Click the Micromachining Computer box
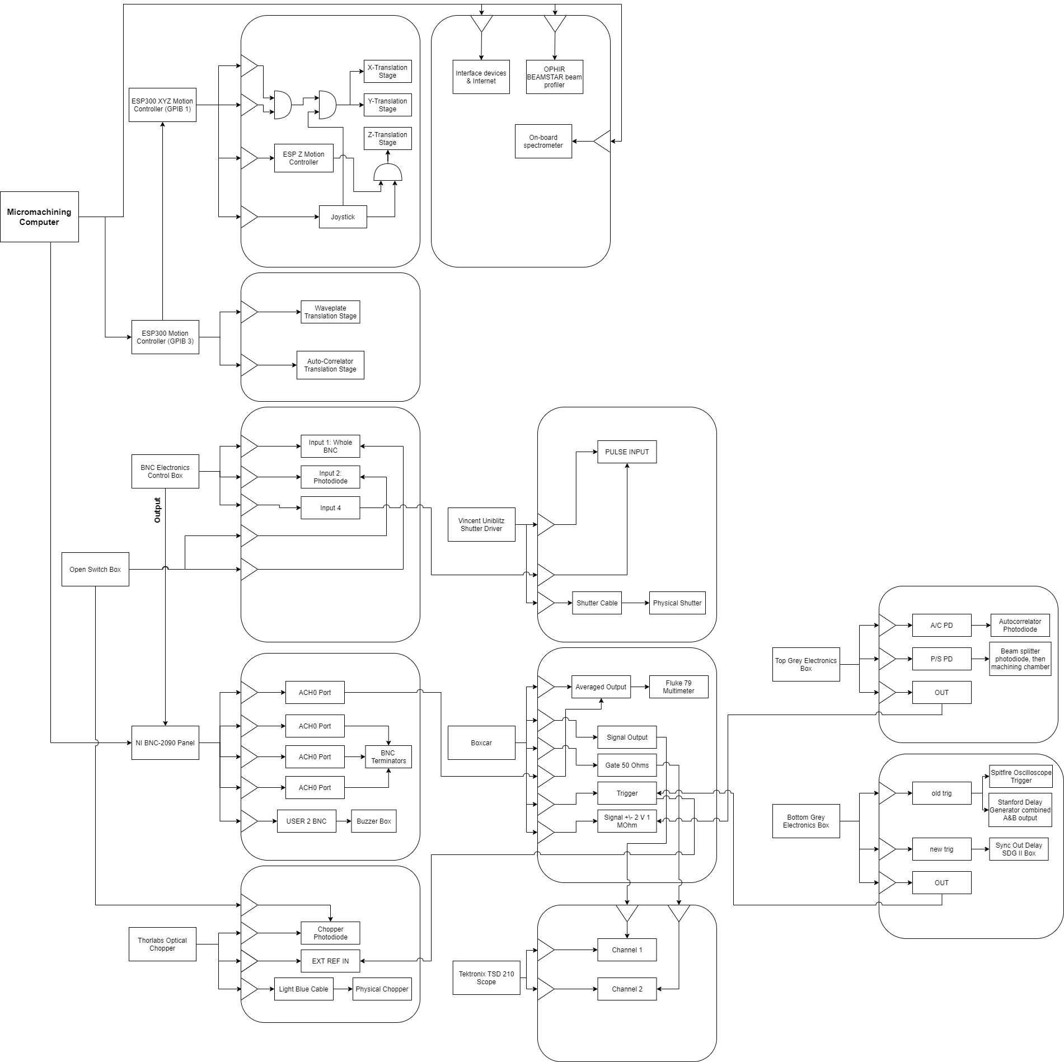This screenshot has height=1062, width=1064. pos(39,217)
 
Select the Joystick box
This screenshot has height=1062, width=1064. pos(343,217)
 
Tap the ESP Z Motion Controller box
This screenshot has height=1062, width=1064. pos(303,158)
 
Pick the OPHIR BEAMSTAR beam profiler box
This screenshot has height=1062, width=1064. pos(554,77)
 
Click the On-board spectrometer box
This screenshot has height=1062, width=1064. pos(543,141)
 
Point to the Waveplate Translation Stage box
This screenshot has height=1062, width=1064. pos(330,312)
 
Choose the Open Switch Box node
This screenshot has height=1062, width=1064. pos(95,569)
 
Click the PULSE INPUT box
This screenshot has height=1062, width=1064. pos(627,452)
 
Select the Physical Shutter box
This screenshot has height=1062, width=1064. pos(677,603)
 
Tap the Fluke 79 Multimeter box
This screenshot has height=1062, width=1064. pos(678,687)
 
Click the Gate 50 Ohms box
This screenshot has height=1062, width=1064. pos(627,765)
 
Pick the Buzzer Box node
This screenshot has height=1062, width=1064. pos(373,821)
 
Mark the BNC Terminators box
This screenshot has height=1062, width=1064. pos(388,756)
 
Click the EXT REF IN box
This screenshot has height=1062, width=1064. pos(330,961)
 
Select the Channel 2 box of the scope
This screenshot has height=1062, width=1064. pos(627,989)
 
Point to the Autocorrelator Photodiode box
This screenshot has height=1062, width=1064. pos(1020,625)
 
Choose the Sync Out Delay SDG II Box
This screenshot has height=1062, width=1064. pos(1018,849)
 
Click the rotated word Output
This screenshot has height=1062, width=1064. pos(157,510)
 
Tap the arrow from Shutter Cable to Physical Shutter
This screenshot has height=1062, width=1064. pos(635,603)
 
